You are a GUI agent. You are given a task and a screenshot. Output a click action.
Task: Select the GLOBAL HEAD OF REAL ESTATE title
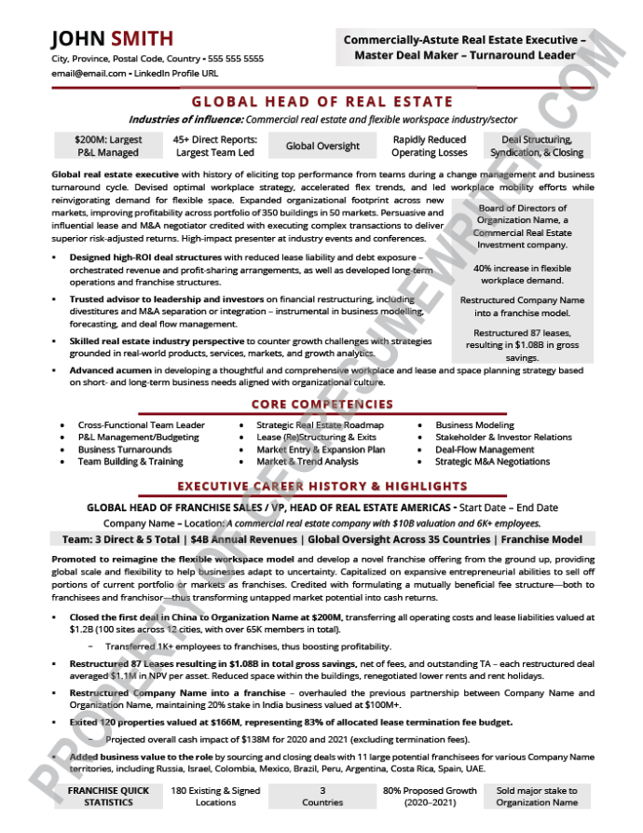click(321, 102)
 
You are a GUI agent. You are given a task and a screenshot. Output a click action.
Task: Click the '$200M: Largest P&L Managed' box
click(107, 146)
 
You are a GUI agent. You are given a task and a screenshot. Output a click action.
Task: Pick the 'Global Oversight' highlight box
click(322, 146)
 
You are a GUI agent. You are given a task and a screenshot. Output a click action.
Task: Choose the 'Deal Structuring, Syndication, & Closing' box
click(537, 146)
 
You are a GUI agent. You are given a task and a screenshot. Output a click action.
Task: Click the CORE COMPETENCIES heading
click(321, 405)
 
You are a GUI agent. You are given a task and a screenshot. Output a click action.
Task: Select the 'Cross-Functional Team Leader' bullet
click(141, 425)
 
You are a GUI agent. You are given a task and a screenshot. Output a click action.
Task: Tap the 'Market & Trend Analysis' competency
click(308, 462)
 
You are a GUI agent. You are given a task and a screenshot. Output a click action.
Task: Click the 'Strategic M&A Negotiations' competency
click(492, 462)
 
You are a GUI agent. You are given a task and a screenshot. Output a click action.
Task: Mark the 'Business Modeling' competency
click(474, 425)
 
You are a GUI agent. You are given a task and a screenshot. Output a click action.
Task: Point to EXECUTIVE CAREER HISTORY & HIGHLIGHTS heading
click(321, 486)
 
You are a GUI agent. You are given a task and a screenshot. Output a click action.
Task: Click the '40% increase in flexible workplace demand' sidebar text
click(522, 274)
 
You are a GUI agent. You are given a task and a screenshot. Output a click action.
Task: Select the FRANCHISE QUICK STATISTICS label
click(108, 797)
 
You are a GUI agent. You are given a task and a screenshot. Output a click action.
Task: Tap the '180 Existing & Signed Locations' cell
click(215, 797)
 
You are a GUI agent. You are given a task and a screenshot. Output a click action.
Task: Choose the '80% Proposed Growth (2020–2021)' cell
click(430, 797)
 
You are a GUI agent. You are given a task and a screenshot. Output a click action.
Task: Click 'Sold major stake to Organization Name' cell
click(537, 797)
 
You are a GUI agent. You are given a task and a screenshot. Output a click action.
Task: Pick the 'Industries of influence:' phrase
click(185, 119)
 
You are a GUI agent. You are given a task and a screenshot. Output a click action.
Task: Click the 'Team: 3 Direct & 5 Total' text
click(121, 539)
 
